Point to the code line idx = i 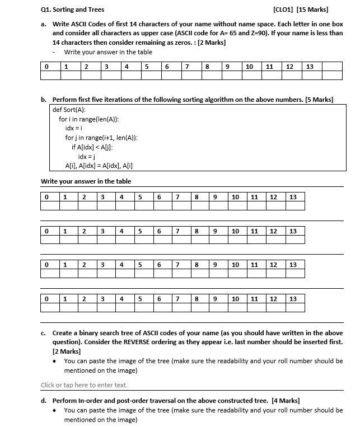[74, 128]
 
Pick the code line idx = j [86, 156]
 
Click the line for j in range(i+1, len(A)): [101, 138]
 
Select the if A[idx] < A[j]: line [96, 147]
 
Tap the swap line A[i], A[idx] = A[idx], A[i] [99, 165]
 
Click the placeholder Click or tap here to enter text [84, 385]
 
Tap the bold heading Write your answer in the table [86, 181]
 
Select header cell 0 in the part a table [46, 67]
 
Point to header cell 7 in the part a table [187, 67]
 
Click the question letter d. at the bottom [44, 401]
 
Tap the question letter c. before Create [44, 332]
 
